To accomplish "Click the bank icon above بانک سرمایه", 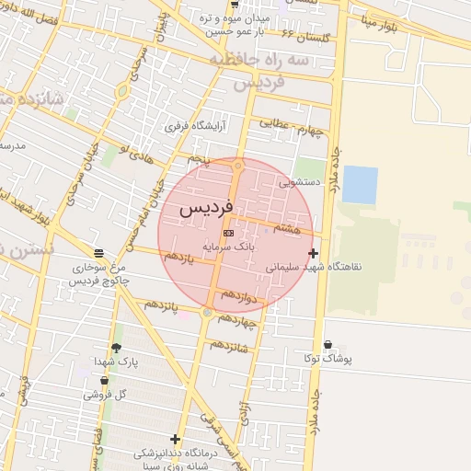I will tap(228, 234).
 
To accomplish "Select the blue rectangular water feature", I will tap(359, 185).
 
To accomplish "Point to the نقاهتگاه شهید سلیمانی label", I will tap(315, 267).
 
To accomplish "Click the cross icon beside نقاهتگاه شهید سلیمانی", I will tap(314, 253).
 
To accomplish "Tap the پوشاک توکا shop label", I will tap(329, 359).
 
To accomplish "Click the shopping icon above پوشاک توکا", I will tap(328, 345).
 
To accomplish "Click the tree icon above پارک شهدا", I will tap(115, 348).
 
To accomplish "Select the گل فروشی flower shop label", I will tap(104, 394).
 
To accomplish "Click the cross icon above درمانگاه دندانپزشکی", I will tap(175, 439).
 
